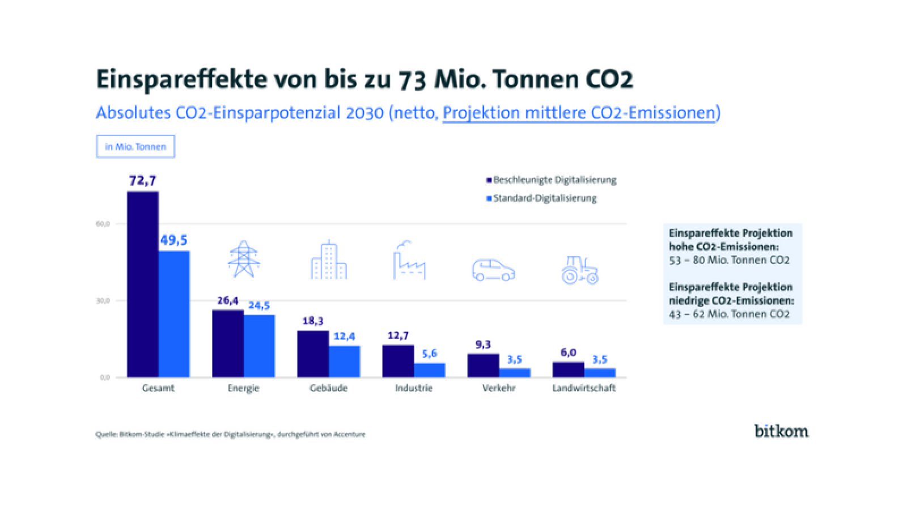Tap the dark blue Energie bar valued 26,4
[x=228, y=343]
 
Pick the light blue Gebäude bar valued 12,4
[x=344, y=362]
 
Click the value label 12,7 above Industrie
[x=398, y=336]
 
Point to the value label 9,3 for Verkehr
[x=483, y=345]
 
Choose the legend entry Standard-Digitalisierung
[x=544, y=198]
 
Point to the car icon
[x=493, y=270]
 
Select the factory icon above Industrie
[x=409, y=260]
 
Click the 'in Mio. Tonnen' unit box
[x=135, y=147]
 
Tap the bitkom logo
[x=781, y=431]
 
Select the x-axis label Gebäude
[x=328, y=388]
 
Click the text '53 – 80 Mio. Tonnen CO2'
[x=729, y=261]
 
